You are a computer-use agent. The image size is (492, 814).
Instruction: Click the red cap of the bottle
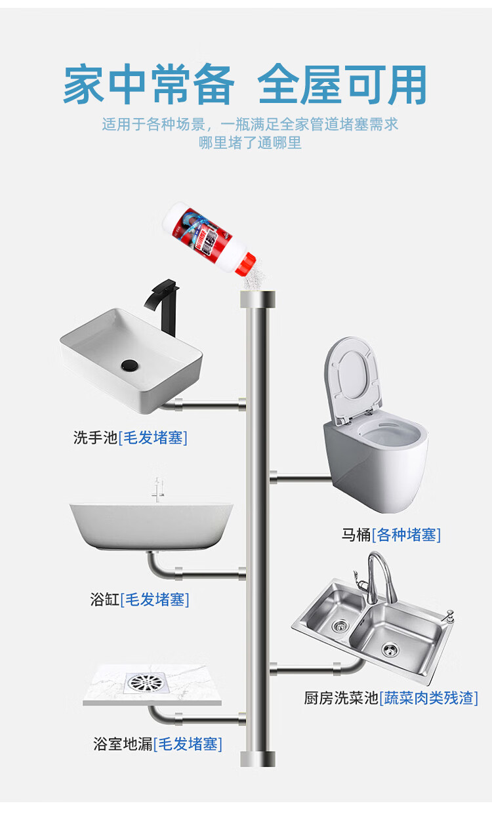tap(245, 263)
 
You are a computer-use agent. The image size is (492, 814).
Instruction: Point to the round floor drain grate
tap(146, 682)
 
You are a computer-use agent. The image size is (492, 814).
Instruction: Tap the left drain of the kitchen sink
tap(339, 626)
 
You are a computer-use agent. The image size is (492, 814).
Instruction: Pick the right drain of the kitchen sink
tap(390, 649)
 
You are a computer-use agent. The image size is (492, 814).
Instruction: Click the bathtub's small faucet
tap(157, 489)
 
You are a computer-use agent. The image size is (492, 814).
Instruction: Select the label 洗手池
tap(95, 438)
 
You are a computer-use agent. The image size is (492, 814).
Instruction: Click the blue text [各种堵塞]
tap(406, 535)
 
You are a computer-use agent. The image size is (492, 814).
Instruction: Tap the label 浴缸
tap(105, 599)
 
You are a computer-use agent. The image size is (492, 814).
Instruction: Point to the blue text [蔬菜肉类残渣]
tap(428, 698)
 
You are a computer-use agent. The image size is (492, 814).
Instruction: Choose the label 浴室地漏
tap(123, 744)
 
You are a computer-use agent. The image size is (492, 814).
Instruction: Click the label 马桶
tap(356, 535)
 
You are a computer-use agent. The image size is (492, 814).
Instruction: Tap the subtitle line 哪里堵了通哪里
tap(250, 142)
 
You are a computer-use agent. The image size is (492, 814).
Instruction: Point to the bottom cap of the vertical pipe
tap(258, 759)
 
